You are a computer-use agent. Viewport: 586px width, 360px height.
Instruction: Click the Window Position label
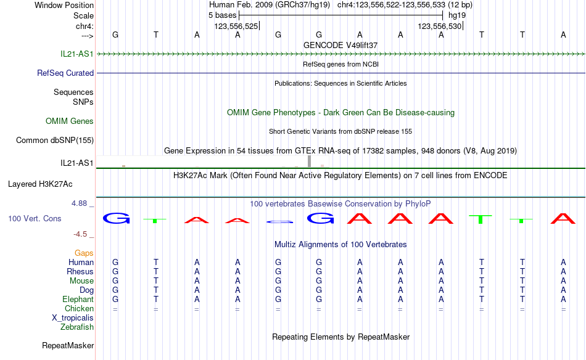pyautogui.click(x=64, y=5)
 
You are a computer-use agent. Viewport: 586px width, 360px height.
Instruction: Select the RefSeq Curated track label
pyautogui.click(x=65, y=73)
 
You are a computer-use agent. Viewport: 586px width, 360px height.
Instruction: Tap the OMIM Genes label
pyautogui.click(x=70, y=121)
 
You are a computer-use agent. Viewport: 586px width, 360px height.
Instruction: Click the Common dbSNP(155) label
pyautogui.click(x=55, y=141)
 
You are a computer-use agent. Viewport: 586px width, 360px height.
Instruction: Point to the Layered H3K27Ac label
pyautogui.click(x=40, y=184)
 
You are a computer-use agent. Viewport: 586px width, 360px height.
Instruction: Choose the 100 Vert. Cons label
pyautogui.click(x=35, y=218)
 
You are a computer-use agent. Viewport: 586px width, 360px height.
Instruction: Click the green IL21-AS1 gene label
pyautogui.click(x=77, y=54)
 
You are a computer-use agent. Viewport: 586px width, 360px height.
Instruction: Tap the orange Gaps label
pyautogui.click(x=84, y=253)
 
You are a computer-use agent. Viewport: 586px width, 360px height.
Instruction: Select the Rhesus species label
pyautogui.click(x=80, y=271)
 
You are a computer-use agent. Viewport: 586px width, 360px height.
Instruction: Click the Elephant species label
pyautogui.click(x=78, y=300)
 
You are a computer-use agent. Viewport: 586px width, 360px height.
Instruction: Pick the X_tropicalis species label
pyautogui.click(x=73, y=318)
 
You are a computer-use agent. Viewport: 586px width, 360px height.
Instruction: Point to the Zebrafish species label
pyautogui.click(x=77, y=327)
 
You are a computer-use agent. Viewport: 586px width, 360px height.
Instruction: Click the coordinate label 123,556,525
pyautogui.click(x=236, y=26)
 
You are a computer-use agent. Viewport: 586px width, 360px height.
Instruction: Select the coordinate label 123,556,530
pyautogui.click(x=440, y=26)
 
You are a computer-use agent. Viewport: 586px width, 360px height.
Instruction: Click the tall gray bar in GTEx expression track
pyautogui.click(x=310, y=162)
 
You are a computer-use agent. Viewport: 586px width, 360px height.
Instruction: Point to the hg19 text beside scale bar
pyautogui.click(x=457, y=15)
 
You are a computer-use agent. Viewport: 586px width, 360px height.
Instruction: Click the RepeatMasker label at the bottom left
pyautogui.click(x=68, y=346)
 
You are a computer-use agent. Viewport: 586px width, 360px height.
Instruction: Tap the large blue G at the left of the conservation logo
pyautogui.click(x=116, y=218)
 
